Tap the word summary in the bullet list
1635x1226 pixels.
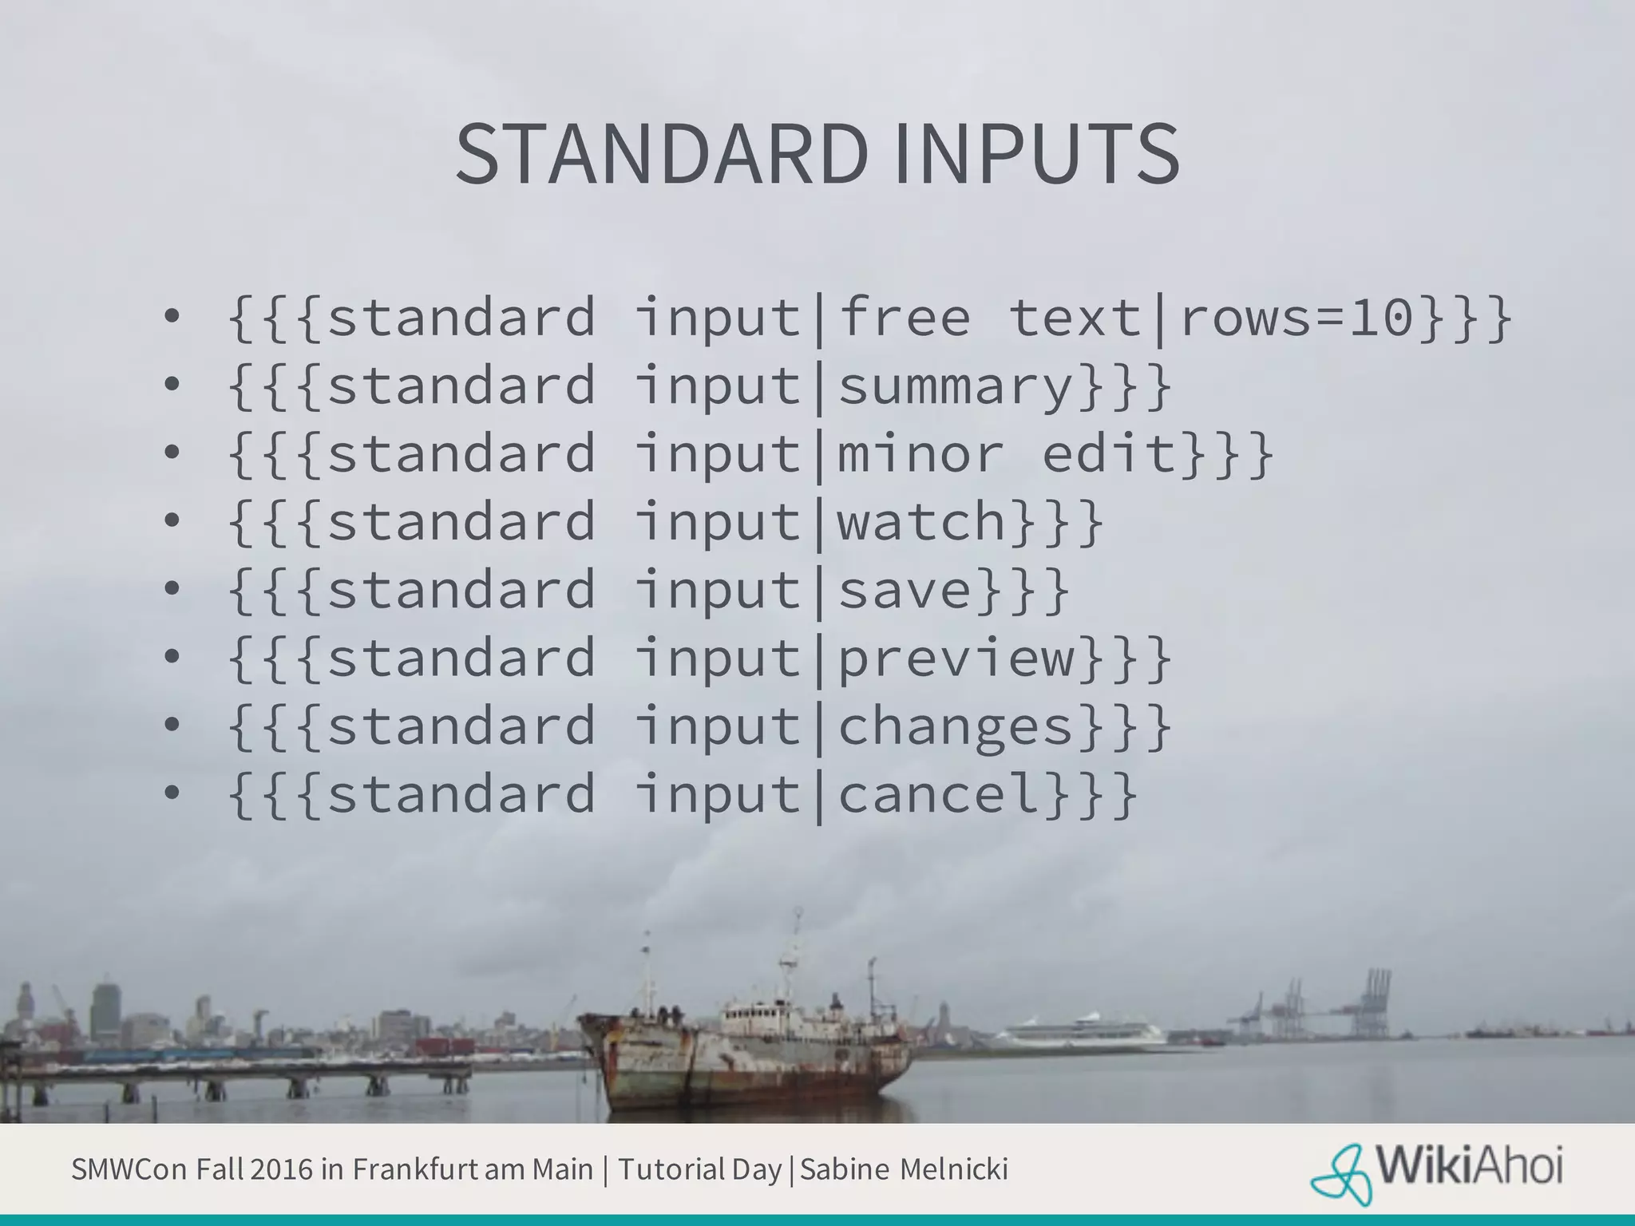coord(956,386)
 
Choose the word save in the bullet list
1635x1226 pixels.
coord(905,590)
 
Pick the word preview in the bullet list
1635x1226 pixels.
coord(956,659)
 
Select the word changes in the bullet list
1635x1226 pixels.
coord(956,727)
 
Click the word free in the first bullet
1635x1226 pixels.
coord(905,318)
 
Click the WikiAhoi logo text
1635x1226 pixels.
coord(1469,1167)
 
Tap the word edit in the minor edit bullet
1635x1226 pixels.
coord(1110,454)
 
